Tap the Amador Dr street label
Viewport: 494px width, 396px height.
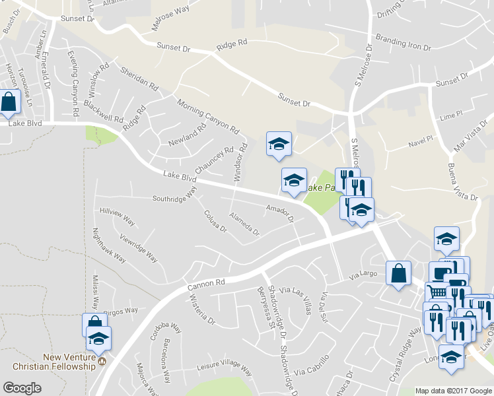click(x=279, y=212)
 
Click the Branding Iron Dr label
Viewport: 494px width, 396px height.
click(x=403, y=44)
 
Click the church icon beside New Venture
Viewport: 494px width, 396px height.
click(x=102, y=361)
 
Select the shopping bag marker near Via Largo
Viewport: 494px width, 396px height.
click(x=399, y=273)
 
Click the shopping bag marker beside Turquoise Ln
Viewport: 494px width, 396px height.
click(x=9, y=102)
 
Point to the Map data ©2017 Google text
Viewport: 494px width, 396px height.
click(x=454, y=391)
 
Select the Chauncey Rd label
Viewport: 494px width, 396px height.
click(x=215, y=158)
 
